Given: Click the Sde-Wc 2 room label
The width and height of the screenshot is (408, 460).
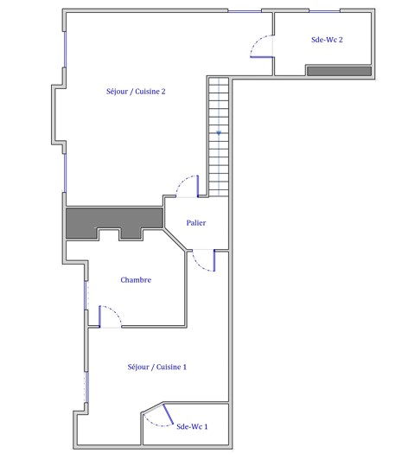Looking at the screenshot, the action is [327, 40].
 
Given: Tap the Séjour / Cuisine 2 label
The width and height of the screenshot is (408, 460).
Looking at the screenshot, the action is [136, 92].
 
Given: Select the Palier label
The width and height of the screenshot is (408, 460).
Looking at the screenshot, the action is [196, 223].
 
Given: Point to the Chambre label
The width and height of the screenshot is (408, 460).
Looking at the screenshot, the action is [136, 280].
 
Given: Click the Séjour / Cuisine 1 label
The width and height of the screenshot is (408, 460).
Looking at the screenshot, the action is [157, 367].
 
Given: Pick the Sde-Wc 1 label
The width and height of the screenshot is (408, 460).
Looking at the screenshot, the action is [192, 426].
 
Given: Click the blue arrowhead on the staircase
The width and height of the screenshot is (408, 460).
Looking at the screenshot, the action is [219, 133].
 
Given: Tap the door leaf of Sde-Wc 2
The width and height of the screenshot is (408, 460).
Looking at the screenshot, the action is [262, 57].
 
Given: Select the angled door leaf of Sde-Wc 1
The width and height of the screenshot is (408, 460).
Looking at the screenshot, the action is [168, 414].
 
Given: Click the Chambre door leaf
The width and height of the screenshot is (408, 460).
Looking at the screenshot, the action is [99, 316].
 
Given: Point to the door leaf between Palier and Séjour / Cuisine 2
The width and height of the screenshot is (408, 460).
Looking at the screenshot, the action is [198, 186].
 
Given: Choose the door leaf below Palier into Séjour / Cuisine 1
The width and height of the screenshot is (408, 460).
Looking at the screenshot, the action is [214, 260].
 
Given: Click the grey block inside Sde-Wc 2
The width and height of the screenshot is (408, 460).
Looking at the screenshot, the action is [339, 71].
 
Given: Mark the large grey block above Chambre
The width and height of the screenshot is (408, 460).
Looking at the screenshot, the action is [114, 219].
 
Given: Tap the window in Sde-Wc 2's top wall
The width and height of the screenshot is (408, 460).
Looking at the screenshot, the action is [324, 11].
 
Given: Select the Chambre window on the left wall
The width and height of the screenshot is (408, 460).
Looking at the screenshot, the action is [86, 296].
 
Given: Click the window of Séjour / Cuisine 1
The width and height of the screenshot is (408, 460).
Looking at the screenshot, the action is [86, 387].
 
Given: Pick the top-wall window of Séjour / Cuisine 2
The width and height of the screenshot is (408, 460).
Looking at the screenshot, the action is [245, 11].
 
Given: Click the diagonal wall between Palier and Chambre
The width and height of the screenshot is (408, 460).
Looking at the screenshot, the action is [175, 240].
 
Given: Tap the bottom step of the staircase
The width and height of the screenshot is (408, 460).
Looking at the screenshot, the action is [219, 193].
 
